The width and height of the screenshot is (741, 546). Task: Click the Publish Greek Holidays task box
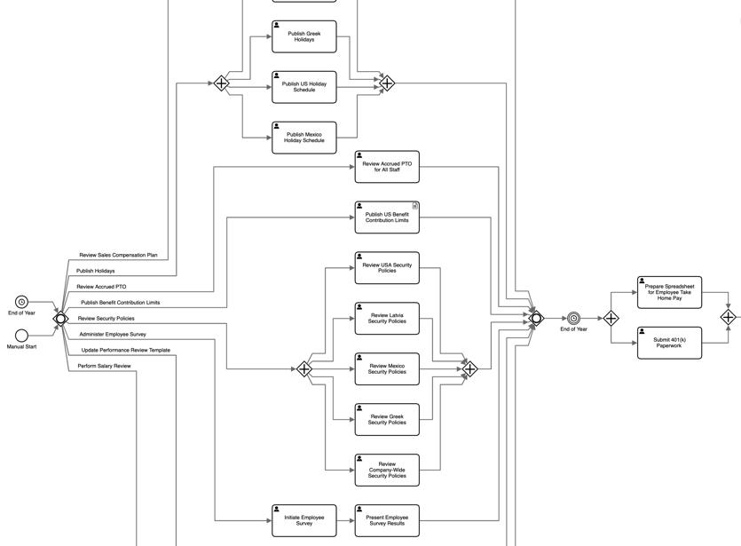(303, 36)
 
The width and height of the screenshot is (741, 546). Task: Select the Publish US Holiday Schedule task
(303, 87)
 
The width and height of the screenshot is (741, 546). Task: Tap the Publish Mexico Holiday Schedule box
(303, 138)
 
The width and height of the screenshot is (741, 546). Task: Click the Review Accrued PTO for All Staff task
(387, 167)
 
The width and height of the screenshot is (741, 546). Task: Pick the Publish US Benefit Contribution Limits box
(387, 218)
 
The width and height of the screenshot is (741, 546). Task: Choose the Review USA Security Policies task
(387, 268)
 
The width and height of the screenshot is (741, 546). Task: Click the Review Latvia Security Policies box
(387, 319)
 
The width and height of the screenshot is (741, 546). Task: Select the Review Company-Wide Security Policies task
(387, 471)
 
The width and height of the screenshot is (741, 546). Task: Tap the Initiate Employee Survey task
(303, 520)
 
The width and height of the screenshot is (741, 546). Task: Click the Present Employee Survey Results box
(387, 520)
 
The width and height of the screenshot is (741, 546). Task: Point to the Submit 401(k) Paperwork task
(669, 344)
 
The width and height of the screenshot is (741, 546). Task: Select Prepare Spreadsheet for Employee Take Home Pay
(669, 293)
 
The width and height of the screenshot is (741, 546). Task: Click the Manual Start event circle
(21, 336)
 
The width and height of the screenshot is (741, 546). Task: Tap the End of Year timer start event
(21, 302)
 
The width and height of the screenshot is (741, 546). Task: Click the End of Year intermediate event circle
(573, 318)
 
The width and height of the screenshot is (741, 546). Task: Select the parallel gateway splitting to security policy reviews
(303, 368)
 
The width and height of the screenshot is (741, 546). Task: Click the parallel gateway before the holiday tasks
(221, 83)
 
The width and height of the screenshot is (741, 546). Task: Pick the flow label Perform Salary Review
(104, 366)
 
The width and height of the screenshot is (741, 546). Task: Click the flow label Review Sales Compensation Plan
(118, 255)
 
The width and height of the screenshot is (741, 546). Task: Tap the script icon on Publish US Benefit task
(415, 206)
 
